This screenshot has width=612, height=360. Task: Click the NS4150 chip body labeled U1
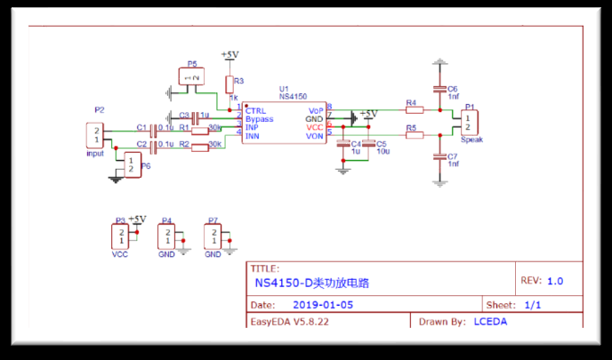284,123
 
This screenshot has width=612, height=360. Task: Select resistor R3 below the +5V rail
229,84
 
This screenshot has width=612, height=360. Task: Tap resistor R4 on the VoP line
412,111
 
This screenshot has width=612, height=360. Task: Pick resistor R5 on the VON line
412,135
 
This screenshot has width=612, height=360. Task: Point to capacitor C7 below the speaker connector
439,157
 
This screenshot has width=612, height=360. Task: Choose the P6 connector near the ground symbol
132,164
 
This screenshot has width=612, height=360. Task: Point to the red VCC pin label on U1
314,127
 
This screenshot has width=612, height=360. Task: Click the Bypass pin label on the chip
260,118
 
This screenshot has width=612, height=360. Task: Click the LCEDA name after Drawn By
490,321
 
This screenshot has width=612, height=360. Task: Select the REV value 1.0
555,281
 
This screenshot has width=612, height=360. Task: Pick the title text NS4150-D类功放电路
311,284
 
